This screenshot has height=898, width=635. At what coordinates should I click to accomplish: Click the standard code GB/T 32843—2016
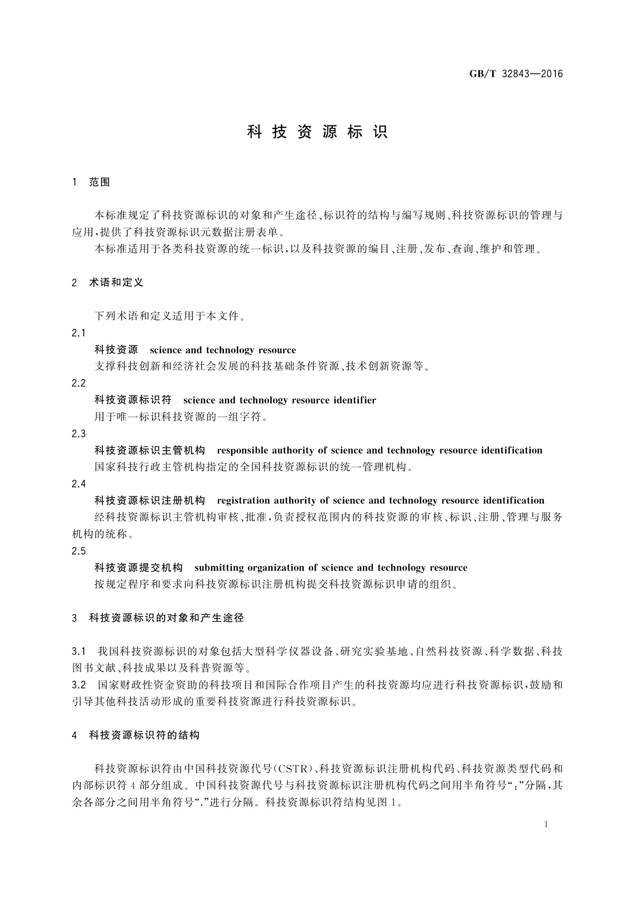tap(516, 74)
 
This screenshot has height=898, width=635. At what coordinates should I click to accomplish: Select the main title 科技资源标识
tap(317, 132)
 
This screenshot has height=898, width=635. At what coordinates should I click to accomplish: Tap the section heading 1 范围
tap(91, 182)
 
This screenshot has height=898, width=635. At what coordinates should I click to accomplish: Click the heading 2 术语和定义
tap(108, 283)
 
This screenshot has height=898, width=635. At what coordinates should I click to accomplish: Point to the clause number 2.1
tap(78, 333)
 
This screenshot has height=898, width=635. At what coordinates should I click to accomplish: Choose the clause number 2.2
tap(78, 383)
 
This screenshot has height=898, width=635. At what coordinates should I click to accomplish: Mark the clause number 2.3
tap(78, 434)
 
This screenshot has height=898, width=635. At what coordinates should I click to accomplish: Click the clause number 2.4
tap(78, 484)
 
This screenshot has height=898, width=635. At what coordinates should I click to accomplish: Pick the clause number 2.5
tap(78, 551)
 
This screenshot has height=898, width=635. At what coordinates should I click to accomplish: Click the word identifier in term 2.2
tap(352, 400)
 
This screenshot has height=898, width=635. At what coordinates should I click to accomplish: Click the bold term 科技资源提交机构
tap(139, 567)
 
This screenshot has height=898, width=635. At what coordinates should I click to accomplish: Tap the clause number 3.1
tap(78, 652)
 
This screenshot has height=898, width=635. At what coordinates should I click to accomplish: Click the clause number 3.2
tap(78, 685)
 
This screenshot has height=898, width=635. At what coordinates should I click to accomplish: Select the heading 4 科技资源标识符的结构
tap(135, 735)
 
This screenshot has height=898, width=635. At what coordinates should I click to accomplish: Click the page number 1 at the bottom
tap(546, 824)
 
